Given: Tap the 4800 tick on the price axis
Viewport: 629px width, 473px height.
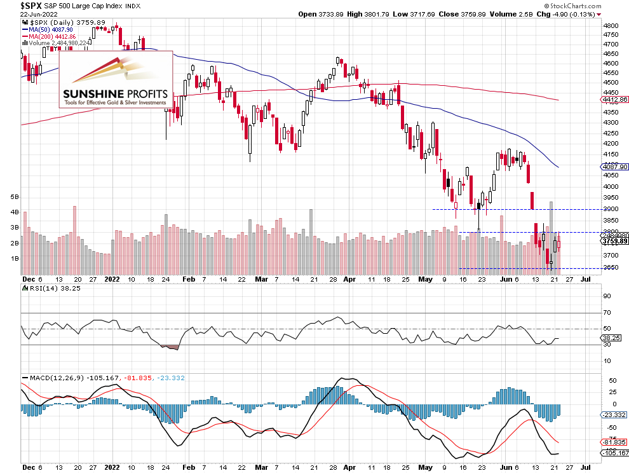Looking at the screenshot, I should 611,26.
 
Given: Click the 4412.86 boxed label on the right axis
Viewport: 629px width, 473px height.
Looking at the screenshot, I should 614,100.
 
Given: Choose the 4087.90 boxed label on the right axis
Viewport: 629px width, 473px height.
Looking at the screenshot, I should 614,167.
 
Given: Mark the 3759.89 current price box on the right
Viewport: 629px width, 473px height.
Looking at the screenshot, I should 614,242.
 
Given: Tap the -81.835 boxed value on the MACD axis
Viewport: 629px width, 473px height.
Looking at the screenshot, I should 614,442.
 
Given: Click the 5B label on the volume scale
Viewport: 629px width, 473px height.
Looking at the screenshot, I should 15,197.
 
